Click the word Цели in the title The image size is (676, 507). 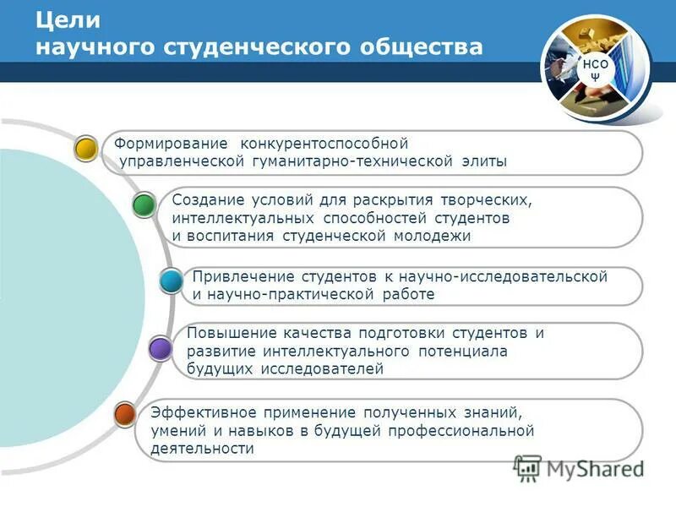[68, 19]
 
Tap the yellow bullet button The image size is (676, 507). [85, 149]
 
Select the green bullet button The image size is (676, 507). [144, 204]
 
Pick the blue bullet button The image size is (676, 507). [172, 281]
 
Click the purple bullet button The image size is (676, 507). [159, 347]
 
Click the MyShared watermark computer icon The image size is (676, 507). [528, 467]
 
